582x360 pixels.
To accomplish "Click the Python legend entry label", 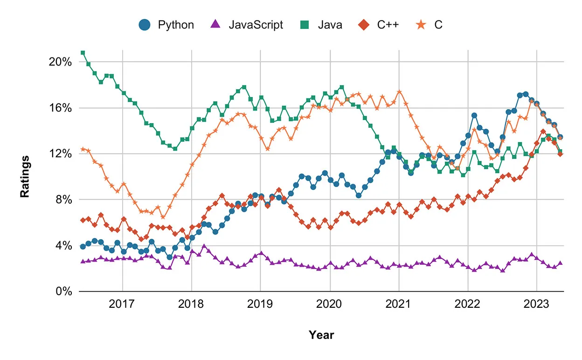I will click(x=176, y=25).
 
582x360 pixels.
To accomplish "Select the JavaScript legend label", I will click(x=256, y=25).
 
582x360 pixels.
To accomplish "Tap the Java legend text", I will click(x=330, y=25).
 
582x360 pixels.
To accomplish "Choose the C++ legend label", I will click(x=388, y=25).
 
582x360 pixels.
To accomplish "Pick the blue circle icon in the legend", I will click(x=145, y=25).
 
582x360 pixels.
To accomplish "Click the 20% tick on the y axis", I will click(x=59, y=62).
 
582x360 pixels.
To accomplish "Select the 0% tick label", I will click(x=62, y=291).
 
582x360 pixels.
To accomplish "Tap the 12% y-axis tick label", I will click(x=59, y=154).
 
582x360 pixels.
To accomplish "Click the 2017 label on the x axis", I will click(x=122, y=305).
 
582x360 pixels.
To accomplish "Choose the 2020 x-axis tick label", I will click(x=330, y=305).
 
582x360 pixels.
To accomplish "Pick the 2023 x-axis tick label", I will click(x=537, y=305).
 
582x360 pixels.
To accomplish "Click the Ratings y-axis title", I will click(x=25, y=176).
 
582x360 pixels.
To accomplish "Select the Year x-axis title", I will click(x=321, y=335).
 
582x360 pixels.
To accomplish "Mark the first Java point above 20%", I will click(x=83, y=53).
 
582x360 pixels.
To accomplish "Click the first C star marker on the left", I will click(x=83, y=149).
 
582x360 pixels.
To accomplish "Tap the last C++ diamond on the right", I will click(x=560, y=154).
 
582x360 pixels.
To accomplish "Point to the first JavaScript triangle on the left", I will click(x=83, y=262).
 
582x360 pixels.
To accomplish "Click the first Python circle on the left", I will click(x=83, y=247).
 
